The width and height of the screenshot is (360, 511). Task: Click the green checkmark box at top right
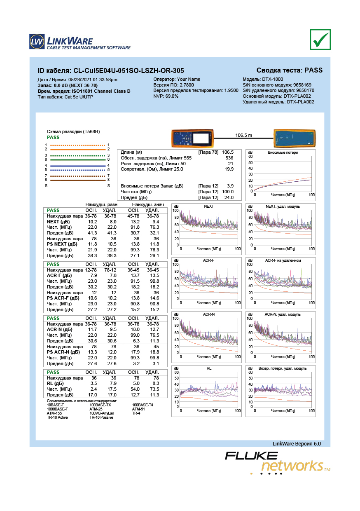320,40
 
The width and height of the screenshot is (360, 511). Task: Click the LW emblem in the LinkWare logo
37,42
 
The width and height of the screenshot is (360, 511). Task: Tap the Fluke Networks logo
278,463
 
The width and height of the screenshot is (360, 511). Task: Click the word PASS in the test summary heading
313,70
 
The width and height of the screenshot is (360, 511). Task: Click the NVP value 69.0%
172,96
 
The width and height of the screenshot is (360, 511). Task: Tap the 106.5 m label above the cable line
243,135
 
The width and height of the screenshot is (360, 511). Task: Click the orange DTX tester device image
192,138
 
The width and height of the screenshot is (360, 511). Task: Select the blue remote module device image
295,138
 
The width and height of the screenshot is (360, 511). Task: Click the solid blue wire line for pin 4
78,166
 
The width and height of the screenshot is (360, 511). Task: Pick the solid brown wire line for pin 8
78,180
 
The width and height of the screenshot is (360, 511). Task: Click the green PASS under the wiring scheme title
53,137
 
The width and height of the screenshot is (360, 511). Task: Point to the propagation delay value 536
229,158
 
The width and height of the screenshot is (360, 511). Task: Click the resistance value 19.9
229,169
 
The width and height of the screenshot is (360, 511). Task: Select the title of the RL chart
209,368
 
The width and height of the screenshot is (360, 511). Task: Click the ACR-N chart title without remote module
209,314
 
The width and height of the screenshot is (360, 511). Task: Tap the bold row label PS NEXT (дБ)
62,244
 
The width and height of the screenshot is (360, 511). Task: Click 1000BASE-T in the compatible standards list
57,409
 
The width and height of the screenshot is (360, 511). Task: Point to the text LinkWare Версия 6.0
297,444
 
